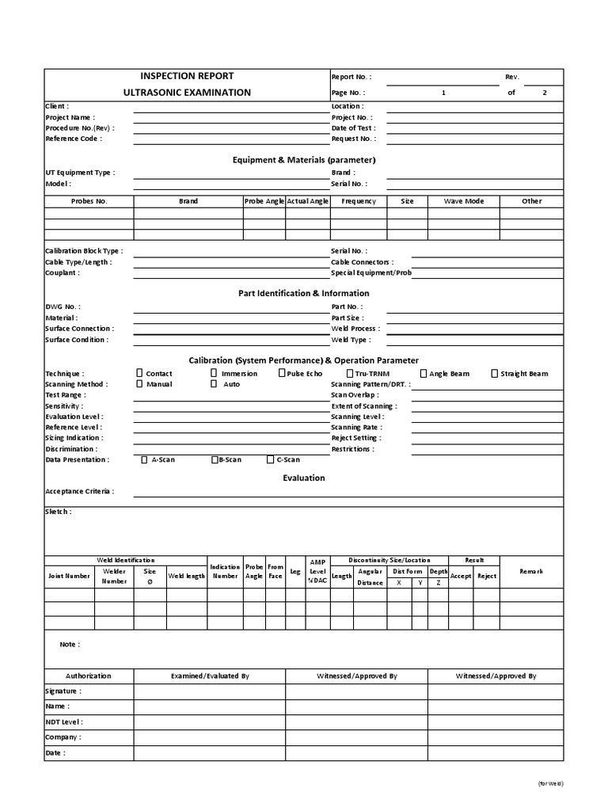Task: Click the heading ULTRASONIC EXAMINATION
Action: pyautogui.click(x=187, y=93)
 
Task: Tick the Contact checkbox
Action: pyautogui.click(x=140, y=373)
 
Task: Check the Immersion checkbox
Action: pyautogui.click(x=214, y=373)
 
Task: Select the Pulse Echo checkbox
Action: pyautogui.click(x=282, y=373)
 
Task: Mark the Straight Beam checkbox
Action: pyautogui.click(x=495, y=373)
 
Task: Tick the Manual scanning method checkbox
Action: pyautogui.click(x=140, y=384)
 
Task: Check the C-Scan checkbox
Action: pyautogui.click(x=271, y=459)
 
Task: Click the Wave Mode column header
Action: pyautogui.click(x=463, y=201)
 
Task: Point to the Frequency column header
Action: pyautogui.click(x=359, y=201)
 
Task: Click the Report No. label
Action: pyautogui.click(x=351, y=77)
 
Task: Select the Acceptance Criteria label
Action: pyautogui.click(x=79, y=491)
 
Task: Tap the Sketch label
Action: pyautogui.click(x=58, y=512)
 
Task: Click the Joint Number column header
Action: pyautogui.click(x=69, y=576)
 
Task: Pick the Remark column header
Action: pyautogui.click(x=531, y=571)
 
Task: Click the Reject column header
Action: pyautogui.click(x=487, y=576)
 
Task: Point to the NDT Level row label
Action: pyautogui.click(x=64, y=722)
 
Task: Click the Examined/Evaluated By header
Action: pyautogui.click(x=210, y=676)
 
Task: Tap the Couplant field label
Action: pyautogui.click(x=63, y=272)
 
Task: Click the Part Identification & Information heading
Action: pyautogui.click(x=304, y=293)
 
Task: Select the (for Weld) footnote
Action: pyautogui.click(x=549, y=783)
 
